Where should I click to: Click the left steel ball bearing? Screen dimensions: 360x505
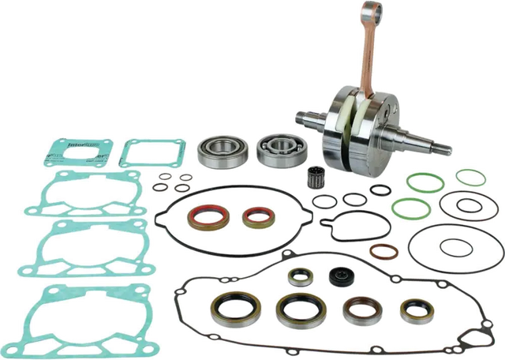point(215,150)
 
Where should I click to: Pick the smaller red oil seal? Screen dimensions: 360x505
point(256,217)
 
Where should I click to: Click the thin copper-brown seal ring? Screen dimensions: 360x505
point(383,252)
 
